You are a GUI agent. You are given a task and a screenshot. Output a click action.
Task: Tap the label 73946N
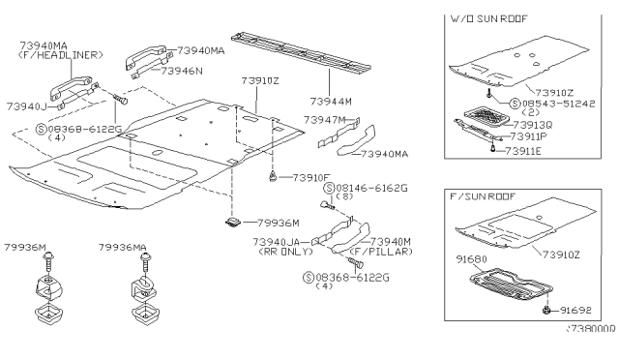pos(181,71)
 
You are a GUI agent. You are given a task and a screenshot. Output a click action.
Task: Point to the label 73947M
pos(325,120)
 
